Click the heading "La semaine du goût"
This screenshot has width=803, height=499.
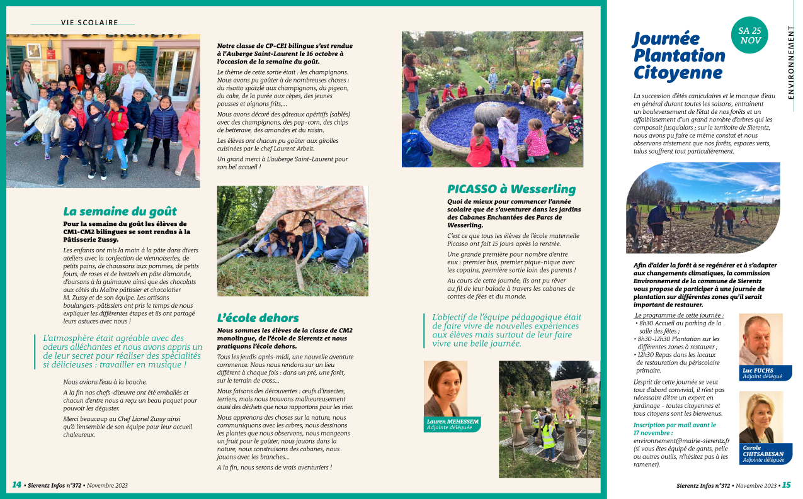click(x=120, y=211)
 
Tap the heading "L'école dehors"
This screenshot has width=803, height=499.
click(x=258, y=318)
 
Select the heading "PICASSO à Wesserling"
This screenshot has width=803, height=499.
click(x=511, y=189)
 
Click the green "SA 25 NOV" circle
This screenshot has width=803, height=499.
click(x=749, y=35)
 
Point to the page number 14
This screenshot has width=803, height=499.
click(x=16, y=485)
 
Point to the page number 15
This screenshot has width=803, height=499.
click(x=787, y=485)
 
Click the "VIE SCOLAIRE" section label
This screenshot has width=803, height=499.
click(x=89, y=22)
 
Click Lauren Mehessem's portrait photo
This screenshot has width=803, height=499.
click(x=445, y=388)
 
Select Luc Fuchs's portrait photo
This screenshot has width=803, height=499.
click(x=761, y=340)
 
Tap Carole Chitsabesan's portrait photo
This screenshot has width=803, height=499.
click(x=761, y=417)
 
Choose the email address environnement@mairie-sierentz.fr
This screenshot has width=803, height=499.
click(x=681, y=441)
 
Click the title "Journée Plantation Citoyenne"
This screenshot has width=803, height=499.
click(x=678, y=55)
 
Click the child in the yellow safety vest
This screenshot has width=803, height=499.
click(x=548, y=435)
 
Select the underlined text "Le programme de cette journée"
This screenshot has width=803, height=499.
click(x=679, y=315)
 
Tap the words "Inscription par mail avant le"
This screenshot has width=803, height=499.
click(x=674, y=425)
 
